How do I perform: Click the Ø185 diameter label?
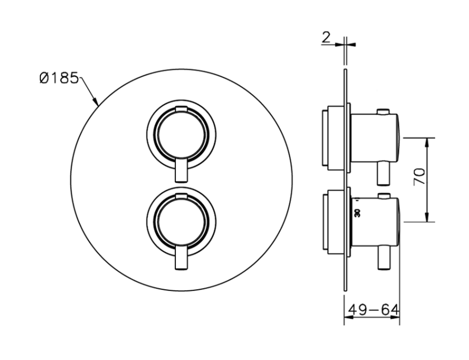[x=59, y=78]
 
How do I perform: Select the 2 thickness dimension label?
[x=326, y=38]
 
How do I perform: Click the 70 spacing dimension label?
[x=419, y=176]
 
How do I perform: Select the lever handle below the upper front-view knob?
[x=181, y=170]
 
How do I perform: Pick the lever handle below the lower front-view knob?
[x=181, y=258]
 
